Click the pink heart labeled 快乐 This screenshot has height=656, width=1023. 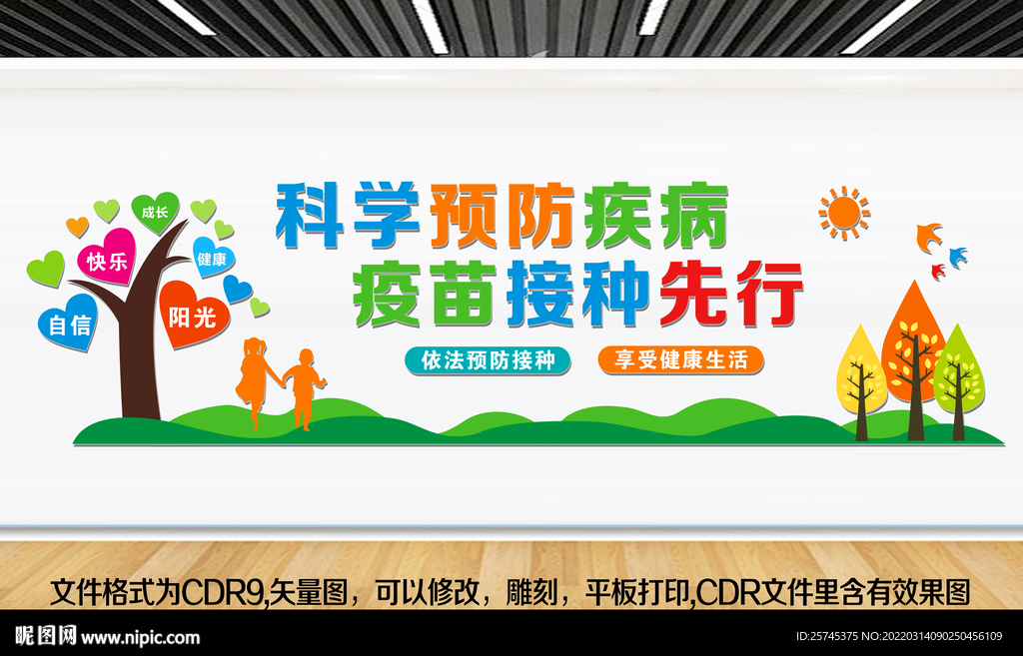(107, 258)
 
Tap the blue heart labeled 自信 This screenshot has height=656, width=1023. (68, 321)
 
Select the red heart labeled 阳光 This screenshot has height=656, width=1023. (192, 314)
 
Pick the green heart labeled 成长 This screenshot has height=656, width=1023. (155, 212)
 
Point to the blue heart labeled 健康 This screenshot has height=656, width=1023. (212, 257)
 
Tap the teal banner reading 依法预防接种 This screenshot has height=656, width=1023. (488, 360)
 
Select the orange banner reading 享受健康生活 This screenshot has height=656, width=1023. (680, 359)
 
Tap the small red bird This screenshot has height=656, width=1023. (938, 271)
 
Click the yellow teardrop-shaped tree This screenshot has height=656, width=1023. (860, 370)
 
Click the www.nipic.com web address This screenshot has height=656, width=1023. (141, 637)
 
